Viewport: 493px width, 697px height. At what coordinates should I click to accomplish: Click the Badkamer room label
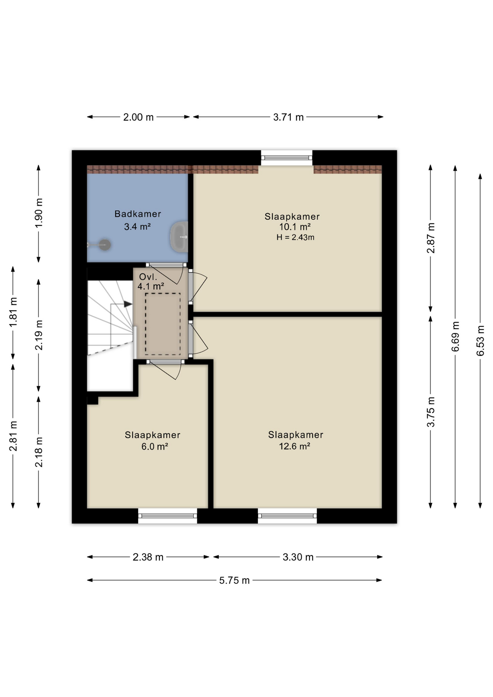(x=138, y=214)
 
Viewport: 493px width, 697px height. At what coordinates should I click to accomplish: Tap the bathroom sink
(x=179, y=237)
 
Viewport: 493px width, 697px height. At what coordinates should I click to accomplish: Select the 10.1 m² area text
(x=294, y=227)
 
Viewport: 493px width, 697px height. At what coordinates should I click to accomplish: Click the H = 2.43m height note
(x=295, y=237)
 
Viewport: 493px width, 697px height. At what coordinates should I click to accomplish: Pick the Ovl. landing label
(x=148, y=277)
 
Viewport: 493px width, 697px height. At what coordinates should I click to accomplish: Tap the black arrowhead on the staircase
(x=128, y=304)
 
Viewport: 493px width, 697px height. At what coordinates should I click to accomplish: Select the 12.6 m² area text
(x=294, y=446)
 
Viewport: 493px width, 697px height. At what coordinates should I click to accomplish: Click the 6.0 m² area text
(x=155, y=446)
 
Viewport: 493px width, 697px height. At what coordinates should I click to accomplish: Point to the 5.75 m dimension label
(x=234, y=580)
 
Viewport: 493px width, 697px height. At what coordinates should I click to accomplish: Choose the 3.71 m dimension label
(x=288, y=117)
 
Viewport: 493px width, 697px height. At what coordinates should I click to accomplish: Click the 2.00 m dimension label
(x=138, y=117)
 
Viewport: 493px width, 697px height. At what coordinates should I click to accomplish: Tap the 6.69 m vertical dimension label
(x=455, y=337)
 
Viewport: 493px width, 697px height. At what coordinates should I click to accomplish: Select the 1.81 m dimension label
(x=13, y=312)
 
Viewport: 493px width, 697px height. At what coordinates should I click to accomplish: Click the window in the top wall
(x=287, y=158)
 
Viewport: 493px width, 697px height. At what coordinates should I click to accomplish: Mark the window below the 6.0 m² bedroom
(x=167, y=516)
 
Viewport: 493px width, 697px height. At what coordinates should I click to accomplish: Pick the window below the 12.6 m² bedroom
(x=287, y=516)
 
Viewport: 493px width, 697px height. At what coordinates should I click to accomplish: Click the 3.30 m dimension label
(x=298, y=557)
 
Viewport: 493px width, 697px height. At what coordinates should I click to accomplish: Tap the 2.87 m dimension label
(x=431, y=238)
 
